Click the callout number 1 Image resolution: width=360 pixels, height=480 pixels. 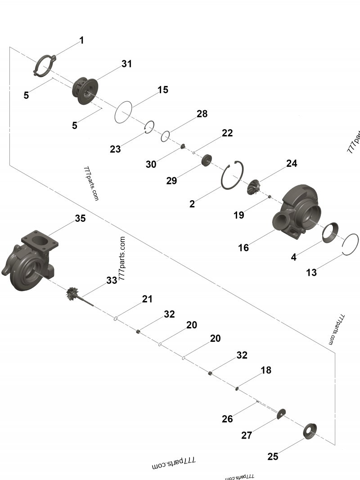pyautogui.click(x=81, y=40)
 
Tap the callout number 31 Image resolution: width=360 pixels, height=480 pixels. pyautogui.click(x=127, y=64)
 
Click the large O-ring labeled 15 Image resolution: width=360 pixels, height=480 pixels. pyautogui.click(x=123, y=112)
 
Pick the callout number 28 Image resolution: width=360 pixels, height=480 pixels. pyautogui.click(x=202, y=114)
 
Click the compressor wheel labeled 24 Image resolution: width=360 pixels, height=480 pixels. pyautogui.click(x=254, y=187)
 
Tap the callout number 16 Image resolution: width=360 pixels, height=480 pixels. pyautogui.click(x=243, y=248)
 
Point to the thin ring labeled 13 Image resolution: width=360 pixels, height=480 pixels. pyautogui.click(x=351, y=245)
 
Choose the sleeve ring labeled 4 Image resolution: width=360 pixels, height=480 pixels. pyautogui.click(x=333, y=232)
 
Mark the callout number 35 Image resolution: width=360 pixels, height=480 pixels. pyautogui.click(x=80, y=219)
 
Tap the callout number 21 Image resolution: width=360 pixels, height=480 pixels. pyautogui.click(x=147, y=299)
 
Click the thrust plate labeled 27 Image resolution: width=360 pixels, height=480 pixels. pyautogui.click(x=282, y=413)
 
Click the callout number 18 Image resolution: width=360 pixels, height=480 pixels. pyautogui.click(x=266, y=370)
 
